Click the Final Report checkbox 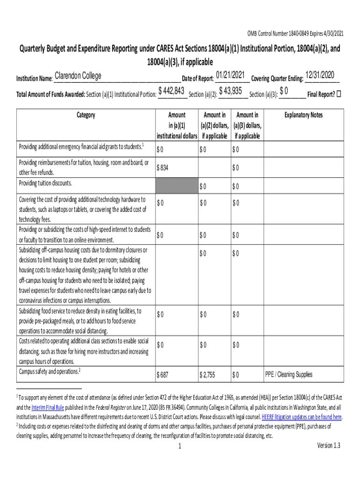(x=339, y=94)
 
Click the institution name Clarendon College (x=78, y=76)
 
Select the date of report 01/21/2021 (x=231, y=75)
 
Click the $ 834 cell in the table (x=163, y=167)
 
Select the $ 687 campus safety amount (x=163, y=375)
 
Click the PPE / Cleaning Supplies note (x=288, y=375)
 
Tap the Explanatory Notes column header (x=303, y=115)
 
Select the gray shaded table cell (x=177, y=185)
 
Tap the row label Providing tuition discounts (x=45, y=183)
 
